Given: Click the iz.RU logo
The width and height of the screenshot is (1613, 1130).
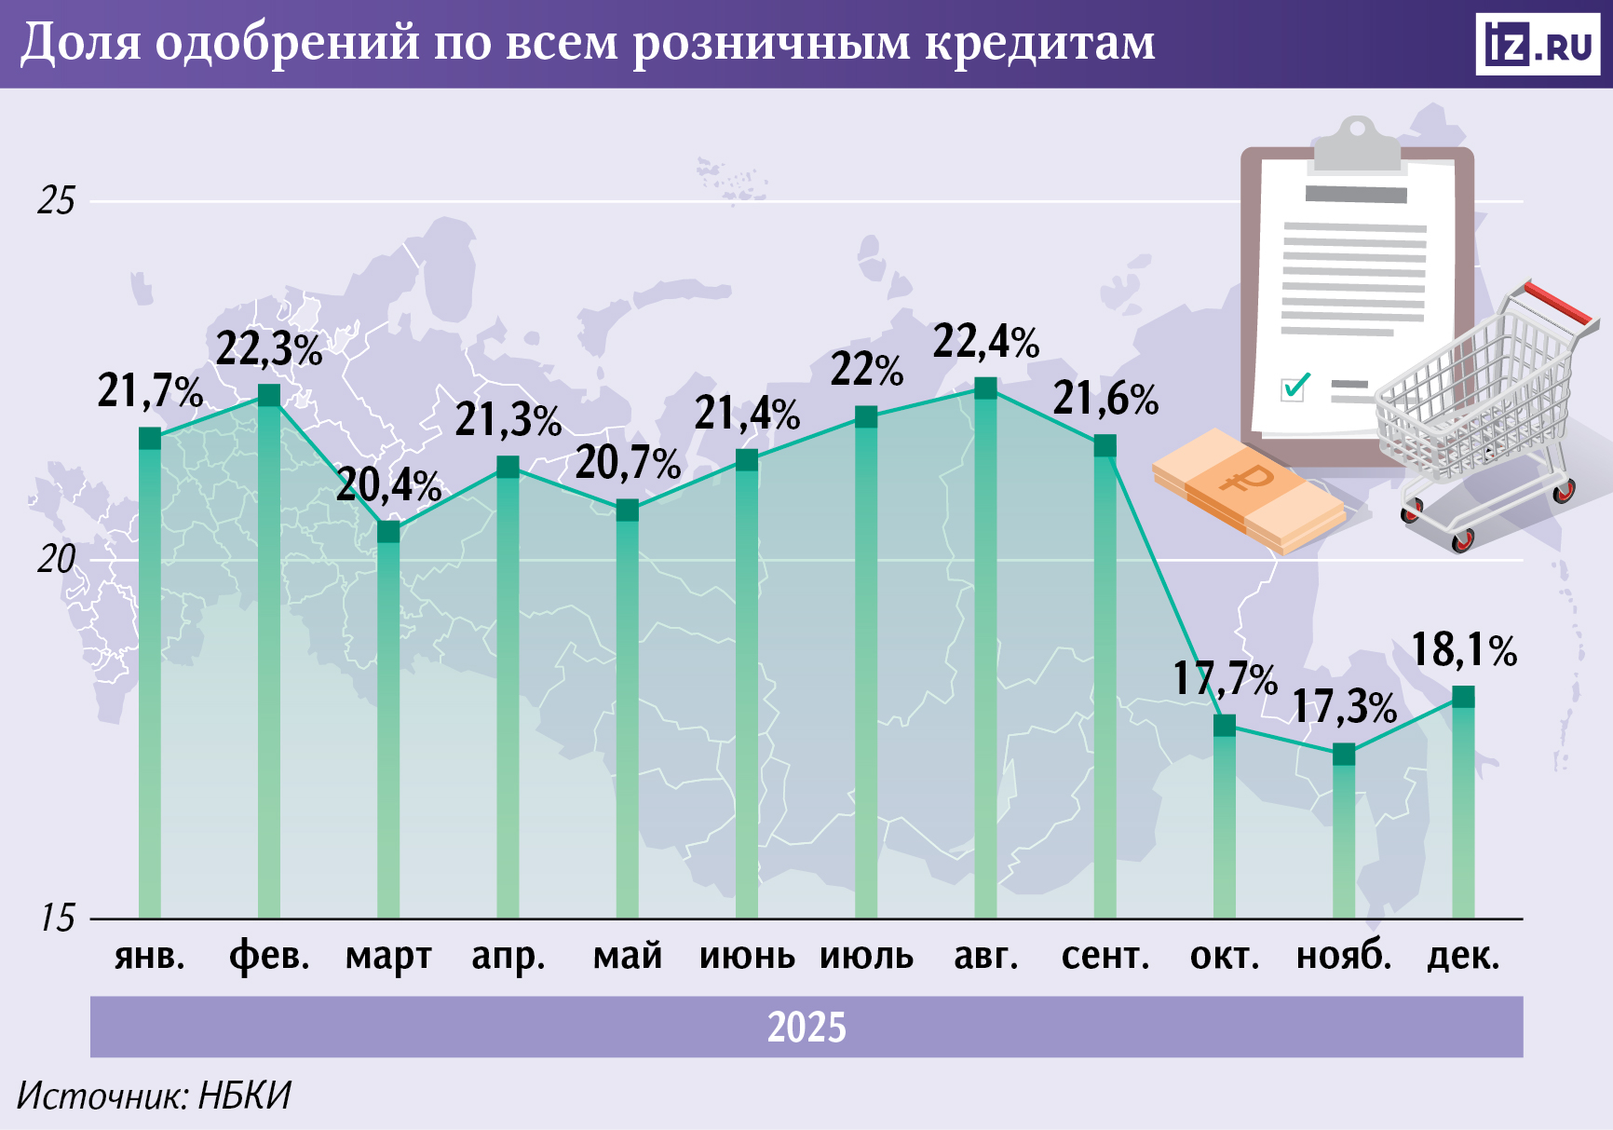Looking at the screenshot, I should pyautogui.click(x=1537, y=44).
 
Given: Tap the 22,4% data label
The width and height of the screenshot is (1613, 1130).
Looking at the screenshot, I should pyautogui.click(x=985, y=342).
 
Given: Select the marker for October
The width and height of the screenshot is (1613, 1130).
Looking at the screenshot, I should pyautogui.click(x=1225, y=725).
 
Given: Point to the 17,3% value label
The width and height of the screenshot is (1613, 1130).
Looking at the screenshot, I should pyautogui.click(x=1344, y=708).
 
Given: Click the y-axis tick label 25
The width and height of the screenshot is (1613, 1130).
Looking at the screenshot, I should pyautogui.click(x=56, y=201).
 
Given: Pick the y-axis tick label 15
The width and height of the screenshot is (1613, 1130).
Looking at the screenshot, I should pyautogui.click(x=56, y=919).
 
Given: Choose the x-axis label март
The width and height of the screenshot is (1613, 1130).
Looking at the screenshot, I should pyautogui.click(x=388, y=957).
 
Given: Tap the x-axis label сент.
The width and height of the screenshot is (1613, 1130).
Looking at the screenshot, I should pyautogui.click(x=1105, y=957).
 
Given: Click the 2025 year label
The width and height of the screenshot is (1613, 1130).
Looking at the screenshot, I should pyautogui.click(x=806, y=1028).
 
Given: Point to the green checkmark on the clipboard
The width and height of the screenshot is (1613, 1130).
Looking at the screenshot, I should pyautogui.click(x=1295, y=385).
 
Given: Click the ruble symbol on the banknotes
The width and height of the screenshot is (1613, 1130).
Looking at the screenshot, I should pyautogui.click(x=1246, y=479).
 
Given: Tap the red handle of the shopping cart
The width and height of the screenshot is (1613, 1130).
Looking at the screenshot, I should pyautogui.click(x=1557, y=302).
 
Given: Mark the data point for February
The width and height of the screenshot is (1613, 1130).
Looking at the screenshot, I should pyautogui.click(x=269, y=394).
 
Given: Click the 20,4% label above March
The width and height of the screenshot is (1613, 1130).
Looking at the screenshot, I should pyautogui.click(x=388, y=485).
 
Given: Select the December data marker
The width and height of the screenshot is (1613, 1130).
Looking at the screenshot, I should pyautogui.click(x=1463, y=696).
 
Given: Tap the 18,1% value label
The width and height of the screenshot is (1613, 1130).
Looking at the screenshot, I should pyautogui.click(x=1463, y=650).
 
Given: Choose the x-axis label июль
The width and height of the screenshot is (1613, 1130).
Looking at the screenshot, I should pyautogui.click(x=866, y=957).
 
